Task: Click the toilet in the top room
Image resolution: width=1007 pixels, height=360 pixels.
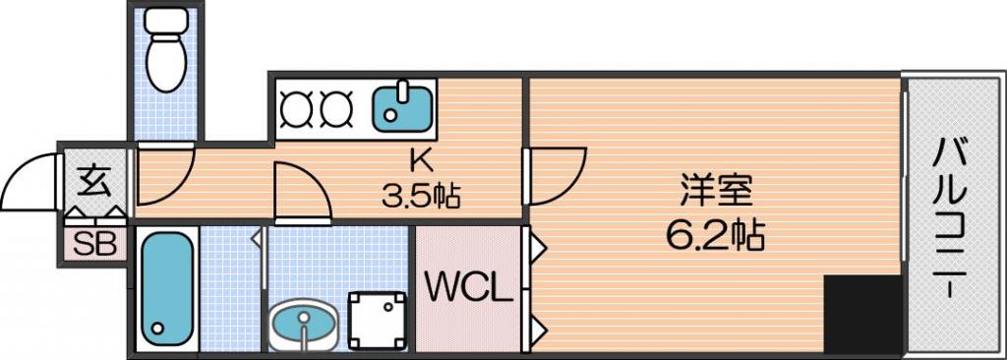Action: tap(165, 49)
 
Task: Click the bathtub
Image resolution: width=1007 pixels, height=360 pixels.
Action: tap(167, 288)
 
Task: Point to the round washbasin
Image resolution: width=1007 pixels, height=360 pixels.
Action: tap(303, 323)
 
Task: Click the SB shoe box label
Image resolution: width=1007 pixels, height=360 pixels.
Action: tap(94, 244)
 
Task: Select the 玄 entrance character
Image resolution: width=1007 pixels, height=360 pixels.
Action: tap(94, 182)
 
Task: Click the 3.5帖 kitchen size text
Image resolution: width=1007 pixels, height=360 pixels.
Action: tap(421, 196)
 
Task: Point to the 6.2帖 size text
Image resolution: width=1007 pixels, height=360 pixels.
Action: tap(715, 236)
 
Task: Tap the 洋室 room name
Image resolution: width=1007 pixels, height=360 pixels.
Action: tap(716, 191)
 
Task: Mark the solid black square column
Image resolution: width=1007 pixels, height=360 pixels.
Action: tap(862, 314)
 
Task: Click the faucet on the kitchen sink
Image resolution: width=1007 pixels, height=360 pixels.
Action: tap(401, 90)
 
